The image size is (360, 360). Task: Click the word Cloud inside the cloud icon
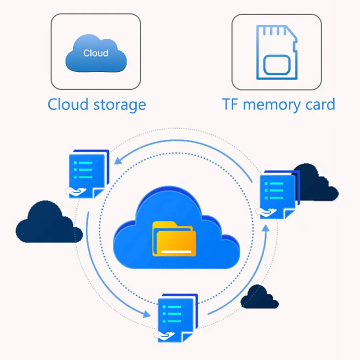pos(96,53)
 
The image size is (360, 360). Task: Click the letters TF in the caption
pos(230,104)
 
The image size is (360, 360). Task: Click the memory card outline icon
pos(276,52)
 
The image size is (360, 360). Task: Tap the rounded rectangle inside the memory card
pos(277,65)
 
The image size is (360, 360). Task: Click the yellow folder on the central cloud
pos(174,239)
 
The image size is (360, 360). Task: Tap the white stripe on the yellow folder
pos(176,252)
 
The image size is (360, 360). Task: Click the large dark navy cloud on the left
pos(49,222)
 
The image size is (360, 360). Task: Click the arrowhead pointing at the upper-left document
pos(118,161)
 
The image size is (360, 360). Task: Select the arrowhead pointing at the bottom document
pos(147,314)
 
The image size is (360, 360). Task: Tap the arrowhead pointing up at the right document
pos(266,228)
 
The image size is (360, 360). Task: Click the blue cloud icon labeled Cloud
pos(96,53)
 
